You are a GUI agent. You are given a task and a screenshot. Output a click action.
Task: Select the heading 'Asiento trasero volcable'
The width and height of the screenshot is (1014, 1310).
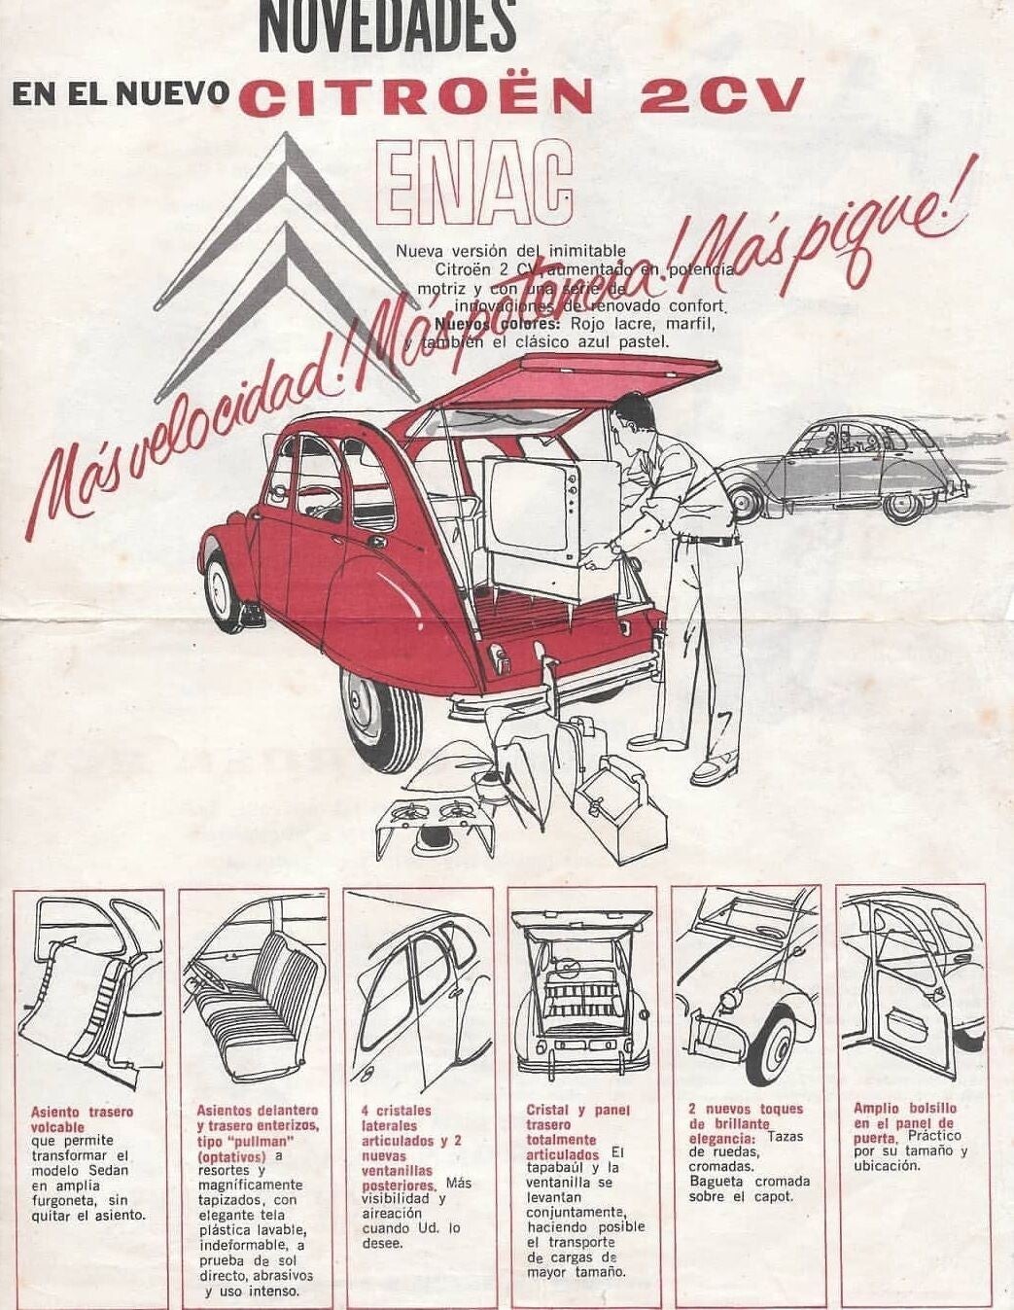tap(82, 1118)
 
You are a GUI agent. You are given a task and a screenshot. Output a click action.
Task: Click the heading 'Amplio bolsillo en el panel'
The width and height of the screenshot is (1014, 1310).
tap(905, 1115)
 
